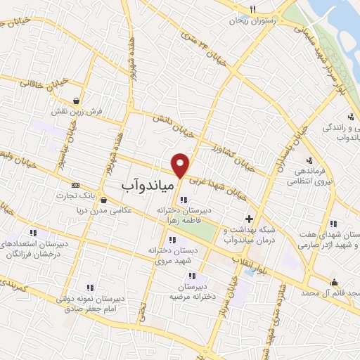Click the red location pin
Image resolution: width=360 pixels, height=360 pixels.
[181, 165]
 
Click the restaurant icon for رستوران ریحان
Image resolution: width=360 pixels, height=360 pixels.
[252, 10]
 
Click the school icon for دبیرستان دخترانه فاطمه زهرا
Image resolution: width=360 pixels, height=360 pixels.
[184, 200]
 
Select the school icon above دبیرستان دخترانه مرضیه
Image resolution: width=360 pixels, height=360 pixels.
[203, 276]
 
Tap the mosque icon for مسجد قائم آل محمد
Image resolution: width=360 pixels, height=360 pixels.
[333, 283]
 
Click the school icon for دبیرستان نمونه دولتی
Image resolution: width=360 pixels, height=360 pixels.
[89, 288]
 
